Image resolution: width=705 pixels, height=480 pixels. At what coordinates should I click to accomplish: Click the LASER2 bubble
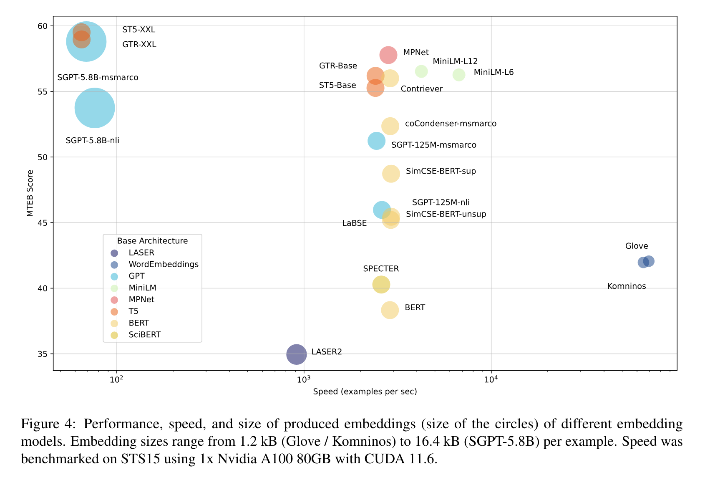coord(296,354)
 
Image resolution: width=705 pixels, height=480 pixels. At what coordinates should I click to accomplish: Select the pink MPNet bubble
coord(388,55)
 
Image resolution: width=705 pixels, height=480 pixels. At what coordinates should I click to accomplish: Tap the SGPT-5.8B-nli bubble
coord(95,108)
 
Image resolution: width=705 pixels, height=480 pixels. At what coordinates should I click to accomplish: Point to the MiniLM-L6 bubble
coord(459,75)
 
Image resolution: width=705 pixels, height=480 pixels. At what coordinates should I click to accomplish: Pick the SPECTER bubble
coord(381,285)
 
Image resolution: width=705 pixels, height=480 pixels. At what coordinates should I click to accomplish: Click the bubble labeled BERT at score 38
coord(390,310)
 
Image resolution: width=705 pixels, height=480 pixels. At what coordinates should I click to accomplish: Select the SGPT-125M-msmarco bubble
coord(376,141)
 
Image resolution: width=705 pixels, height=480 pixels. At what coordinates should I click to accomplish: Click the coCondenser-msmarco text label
coord(451,124)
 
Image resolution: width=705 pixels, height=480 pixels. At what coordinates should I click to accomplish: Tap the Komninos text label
coord(626,286)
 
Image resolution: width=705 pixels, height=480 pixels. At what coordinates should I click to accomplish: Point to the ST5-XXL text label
coord(138,30)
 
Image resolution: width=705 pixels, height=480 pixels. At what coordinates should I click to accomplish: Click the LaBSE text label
coord(354,223)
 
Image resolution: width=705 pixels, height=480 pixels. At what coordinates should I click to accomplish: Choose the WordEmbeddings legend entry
coord(163,264)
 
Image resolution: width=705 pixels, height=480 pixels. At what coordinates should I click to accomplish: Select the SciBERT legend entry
coord(144,335)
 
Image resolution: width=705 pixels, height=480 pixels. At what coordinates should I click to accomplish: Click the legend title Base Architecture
coord(152,241)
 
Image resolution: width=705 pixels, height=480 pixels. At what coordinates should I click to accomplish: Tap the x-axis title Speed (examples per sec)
coord(365,392)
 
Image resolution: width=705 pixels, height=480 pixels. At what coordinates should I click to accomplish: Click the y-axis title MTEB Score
coord(30,193)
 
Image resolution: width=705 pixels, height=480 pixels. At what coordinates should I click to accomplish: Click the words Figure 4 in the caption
coord(48,424)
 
